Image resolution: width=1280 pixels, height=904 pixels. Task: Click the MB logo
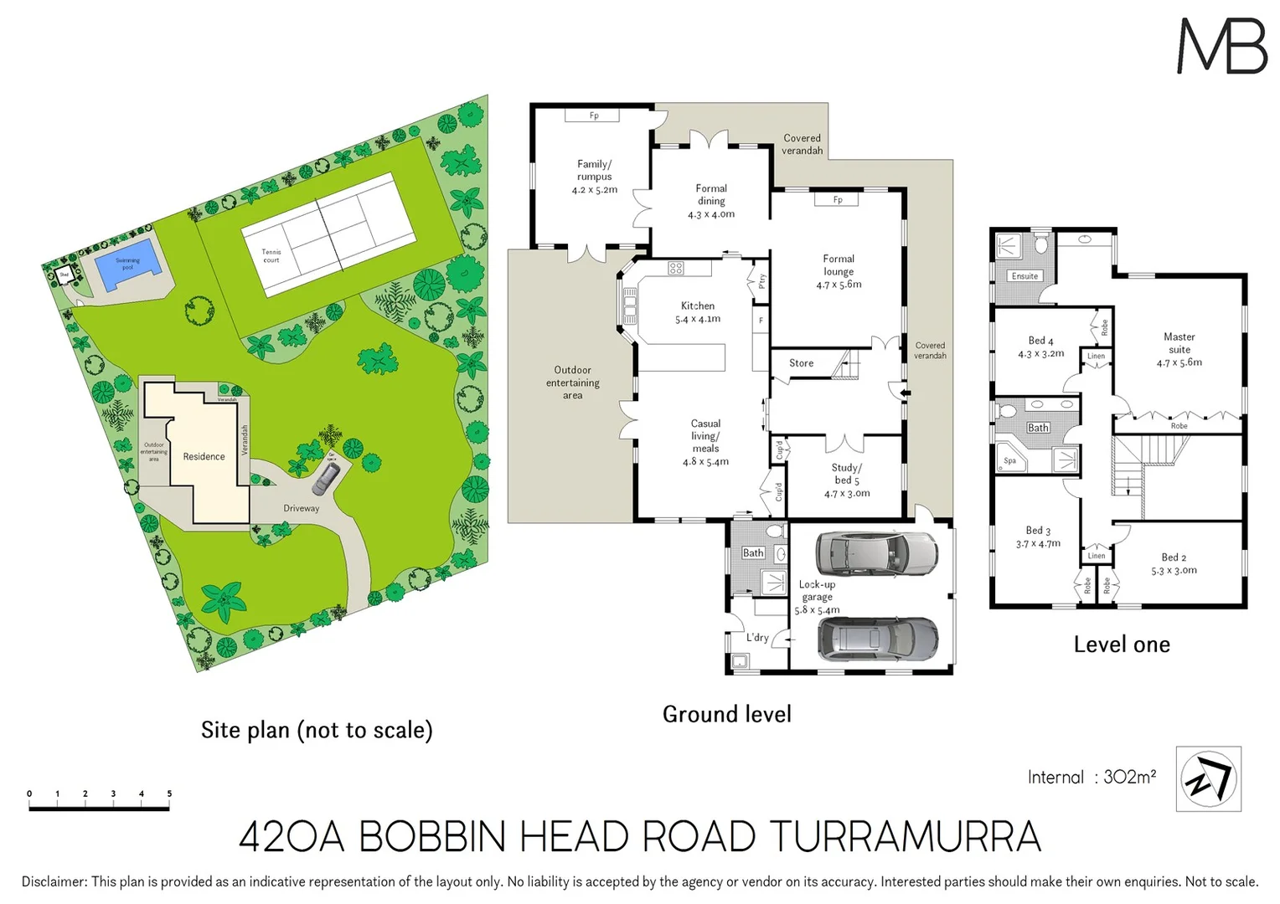[x=1221, y=47]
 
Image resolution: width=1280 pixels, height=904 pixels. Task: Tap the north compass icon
[x=1208, y=778]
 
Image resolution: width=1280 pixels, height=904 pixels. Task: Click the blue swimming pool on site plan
[x=127, y=265]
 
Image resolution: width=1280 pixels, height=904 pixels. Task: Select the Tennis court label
[x=271, y=255]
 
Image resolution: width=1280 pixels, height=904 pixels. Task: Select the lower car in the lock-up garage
[x=877, y=639]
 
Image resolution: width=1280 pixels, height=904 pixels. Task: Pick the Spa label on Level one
[x=1010, y=460]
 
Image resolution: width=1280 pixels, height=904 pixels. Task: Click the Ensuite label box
[x=1025, y=276]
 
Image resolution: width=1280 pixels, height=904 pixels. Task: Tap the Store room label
[x=801, y=363]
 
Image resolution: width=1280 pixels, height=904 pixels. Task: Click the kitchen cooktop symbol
[x=676, y=269]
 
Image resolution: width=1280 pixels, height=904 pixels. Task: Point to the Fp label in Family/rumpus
[x=593, y=116]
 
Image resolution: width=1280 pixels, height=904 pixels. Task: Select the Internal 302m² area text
[x=1092, y=777]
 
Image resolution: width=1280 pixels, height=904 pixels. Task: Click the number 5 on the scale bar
[x=169, y=794]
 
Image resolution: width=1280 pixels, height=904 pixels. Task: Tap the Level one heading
[x=1122, y=645]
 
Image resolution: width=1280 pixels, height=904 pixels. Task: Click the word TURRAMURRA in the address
[x=905, y=837]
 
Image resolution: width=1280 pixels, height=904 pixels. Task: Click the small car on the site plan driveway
[x=326, y=479]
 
